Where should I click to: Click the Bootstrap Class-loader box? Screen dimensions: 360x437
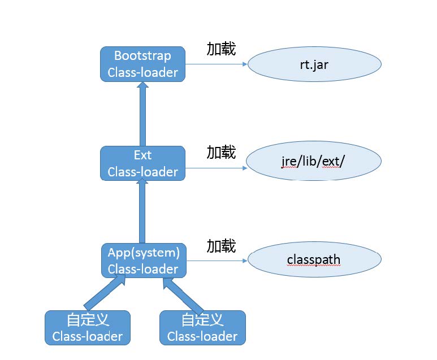[142, 64]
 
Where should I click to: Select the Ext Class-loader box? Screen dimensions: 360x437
[142, 163]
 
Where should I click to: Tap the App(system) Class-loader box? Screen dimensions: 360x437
[144, 261]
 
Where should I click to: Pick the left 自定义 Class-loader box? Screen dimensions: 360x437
[87, 328]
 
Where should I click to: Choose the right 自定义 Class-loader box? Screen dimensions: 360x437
[202, 328]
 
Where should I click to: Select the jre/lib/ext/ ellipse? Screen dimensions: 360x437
[314, 162]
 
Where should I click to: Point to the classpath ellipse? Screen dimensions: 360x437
[314, 261]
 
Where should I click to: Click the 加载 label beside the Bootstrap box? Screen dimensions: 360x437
[220, 49]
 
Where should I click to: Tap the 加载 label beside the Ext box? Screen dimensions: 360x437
[220, 152]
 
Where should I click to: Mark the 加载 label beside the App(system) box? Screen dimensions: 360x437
[220, 246]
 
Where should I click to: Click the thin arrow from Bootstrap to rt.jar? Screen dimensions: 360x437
[217, 64]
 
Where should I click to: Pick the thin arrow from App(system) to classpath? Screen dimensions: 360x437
[217, 261]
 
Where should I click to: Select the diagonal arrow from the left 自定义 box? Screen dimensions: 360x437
[105, 292]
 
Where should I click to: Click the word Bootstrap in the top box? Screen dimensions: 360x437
[142, 55]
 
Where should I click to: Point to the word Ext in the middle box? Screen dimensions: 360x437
[142, 155]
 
